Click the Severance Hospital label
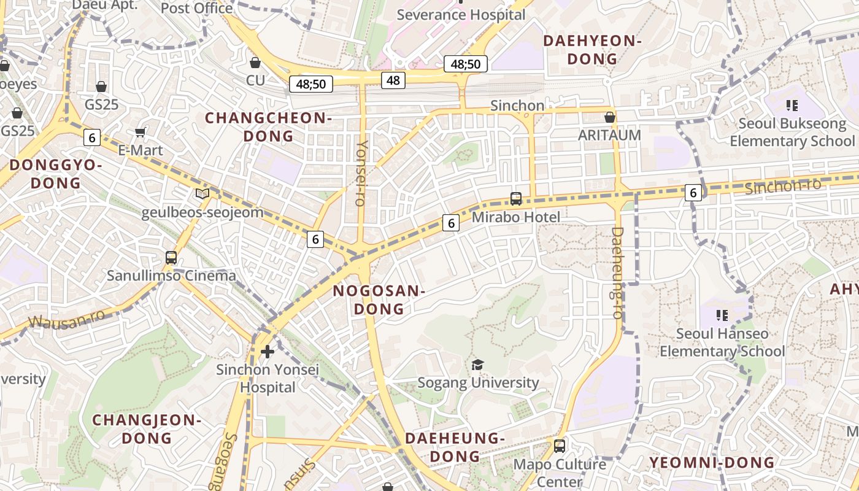461,15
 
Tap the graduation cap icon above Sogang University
477,365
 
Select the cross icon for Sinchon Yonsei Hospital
268,352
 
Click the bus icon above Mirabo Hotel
515,199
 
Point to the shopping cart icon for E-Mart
141,132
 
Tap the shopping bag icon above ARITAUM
609,117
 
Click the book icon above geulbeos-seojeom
202,194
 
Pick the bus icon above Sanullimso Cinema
171,258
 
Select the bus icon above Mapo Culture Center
559,446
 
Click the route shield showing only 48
393,80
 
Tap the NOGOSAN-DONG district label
379,300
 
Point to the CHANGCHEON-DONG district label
268,126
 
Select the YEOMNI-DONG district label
712,462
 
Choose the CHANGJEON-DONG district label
146,429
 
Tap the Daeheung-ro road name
618,273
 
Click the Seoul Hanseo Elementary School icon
722,315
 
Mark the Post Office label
196,8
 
